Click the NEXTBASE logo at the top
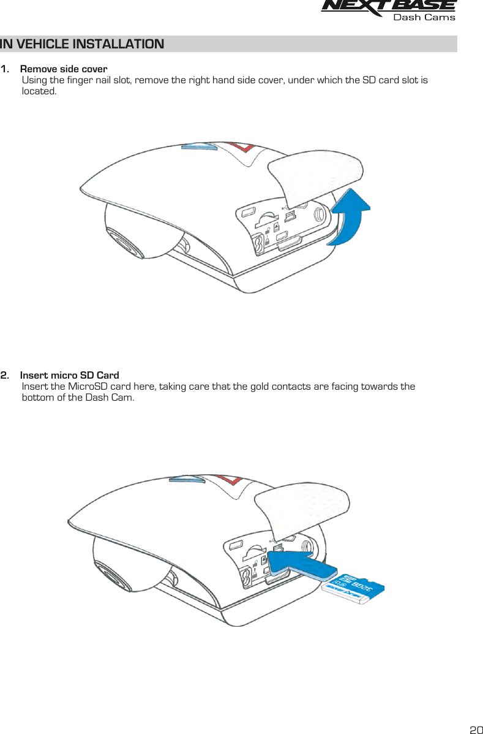[x=388, y=6]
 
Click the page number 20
[x=475, y=729]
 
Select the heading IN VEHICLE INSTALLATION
[x=82, y=44]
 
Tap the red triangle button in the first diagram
[x=241, y=149]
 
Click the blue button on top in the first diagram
[x=200, y=147]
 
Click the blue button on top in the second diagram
[x=187, y=479]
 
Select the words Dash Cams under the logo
[x=424, y=17]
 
